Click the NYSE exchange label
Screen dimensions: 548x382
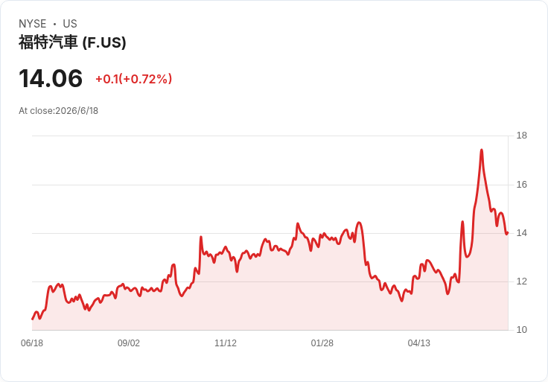point(33,24)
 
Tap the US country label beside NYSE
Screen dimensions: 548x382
point(70,24)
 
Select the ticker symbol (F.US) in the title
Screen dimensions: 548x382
point(104,42)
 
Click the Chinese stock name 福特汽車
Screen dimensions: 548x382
point(48,42)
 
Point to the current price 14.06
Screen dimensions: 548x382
point(51,78)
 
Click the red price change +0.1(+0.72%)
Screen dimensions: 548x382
point(134,79)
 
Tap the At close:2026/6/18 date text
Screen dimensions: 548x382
point(58,111)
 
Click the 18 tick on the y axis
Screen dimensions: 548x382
point(522,136)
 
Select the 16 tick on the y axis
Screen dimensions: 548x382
point(522,185)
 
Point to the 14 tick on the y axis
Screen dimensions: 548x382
point(522,233)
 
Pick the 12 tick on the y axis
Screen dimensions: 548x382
point(522,281)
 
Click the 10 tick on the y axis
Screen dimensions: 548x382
point(522,330)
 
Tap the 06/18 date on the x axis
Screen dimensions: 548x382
point(32,343)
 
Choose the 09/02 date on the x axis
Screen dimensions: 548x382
point(129,343)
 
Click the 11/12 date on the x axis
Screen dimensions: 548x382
point(226,343)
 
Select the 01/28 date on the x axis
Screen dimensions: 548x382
point(322,343)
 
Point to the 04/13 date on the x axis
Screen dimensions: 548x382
point(418,343)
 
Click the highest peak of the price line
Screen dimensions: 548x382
point(482,150)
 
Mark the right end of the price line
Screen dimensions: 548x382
point(508,232)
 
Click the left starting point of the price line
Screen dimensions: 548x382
point(32,319)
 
